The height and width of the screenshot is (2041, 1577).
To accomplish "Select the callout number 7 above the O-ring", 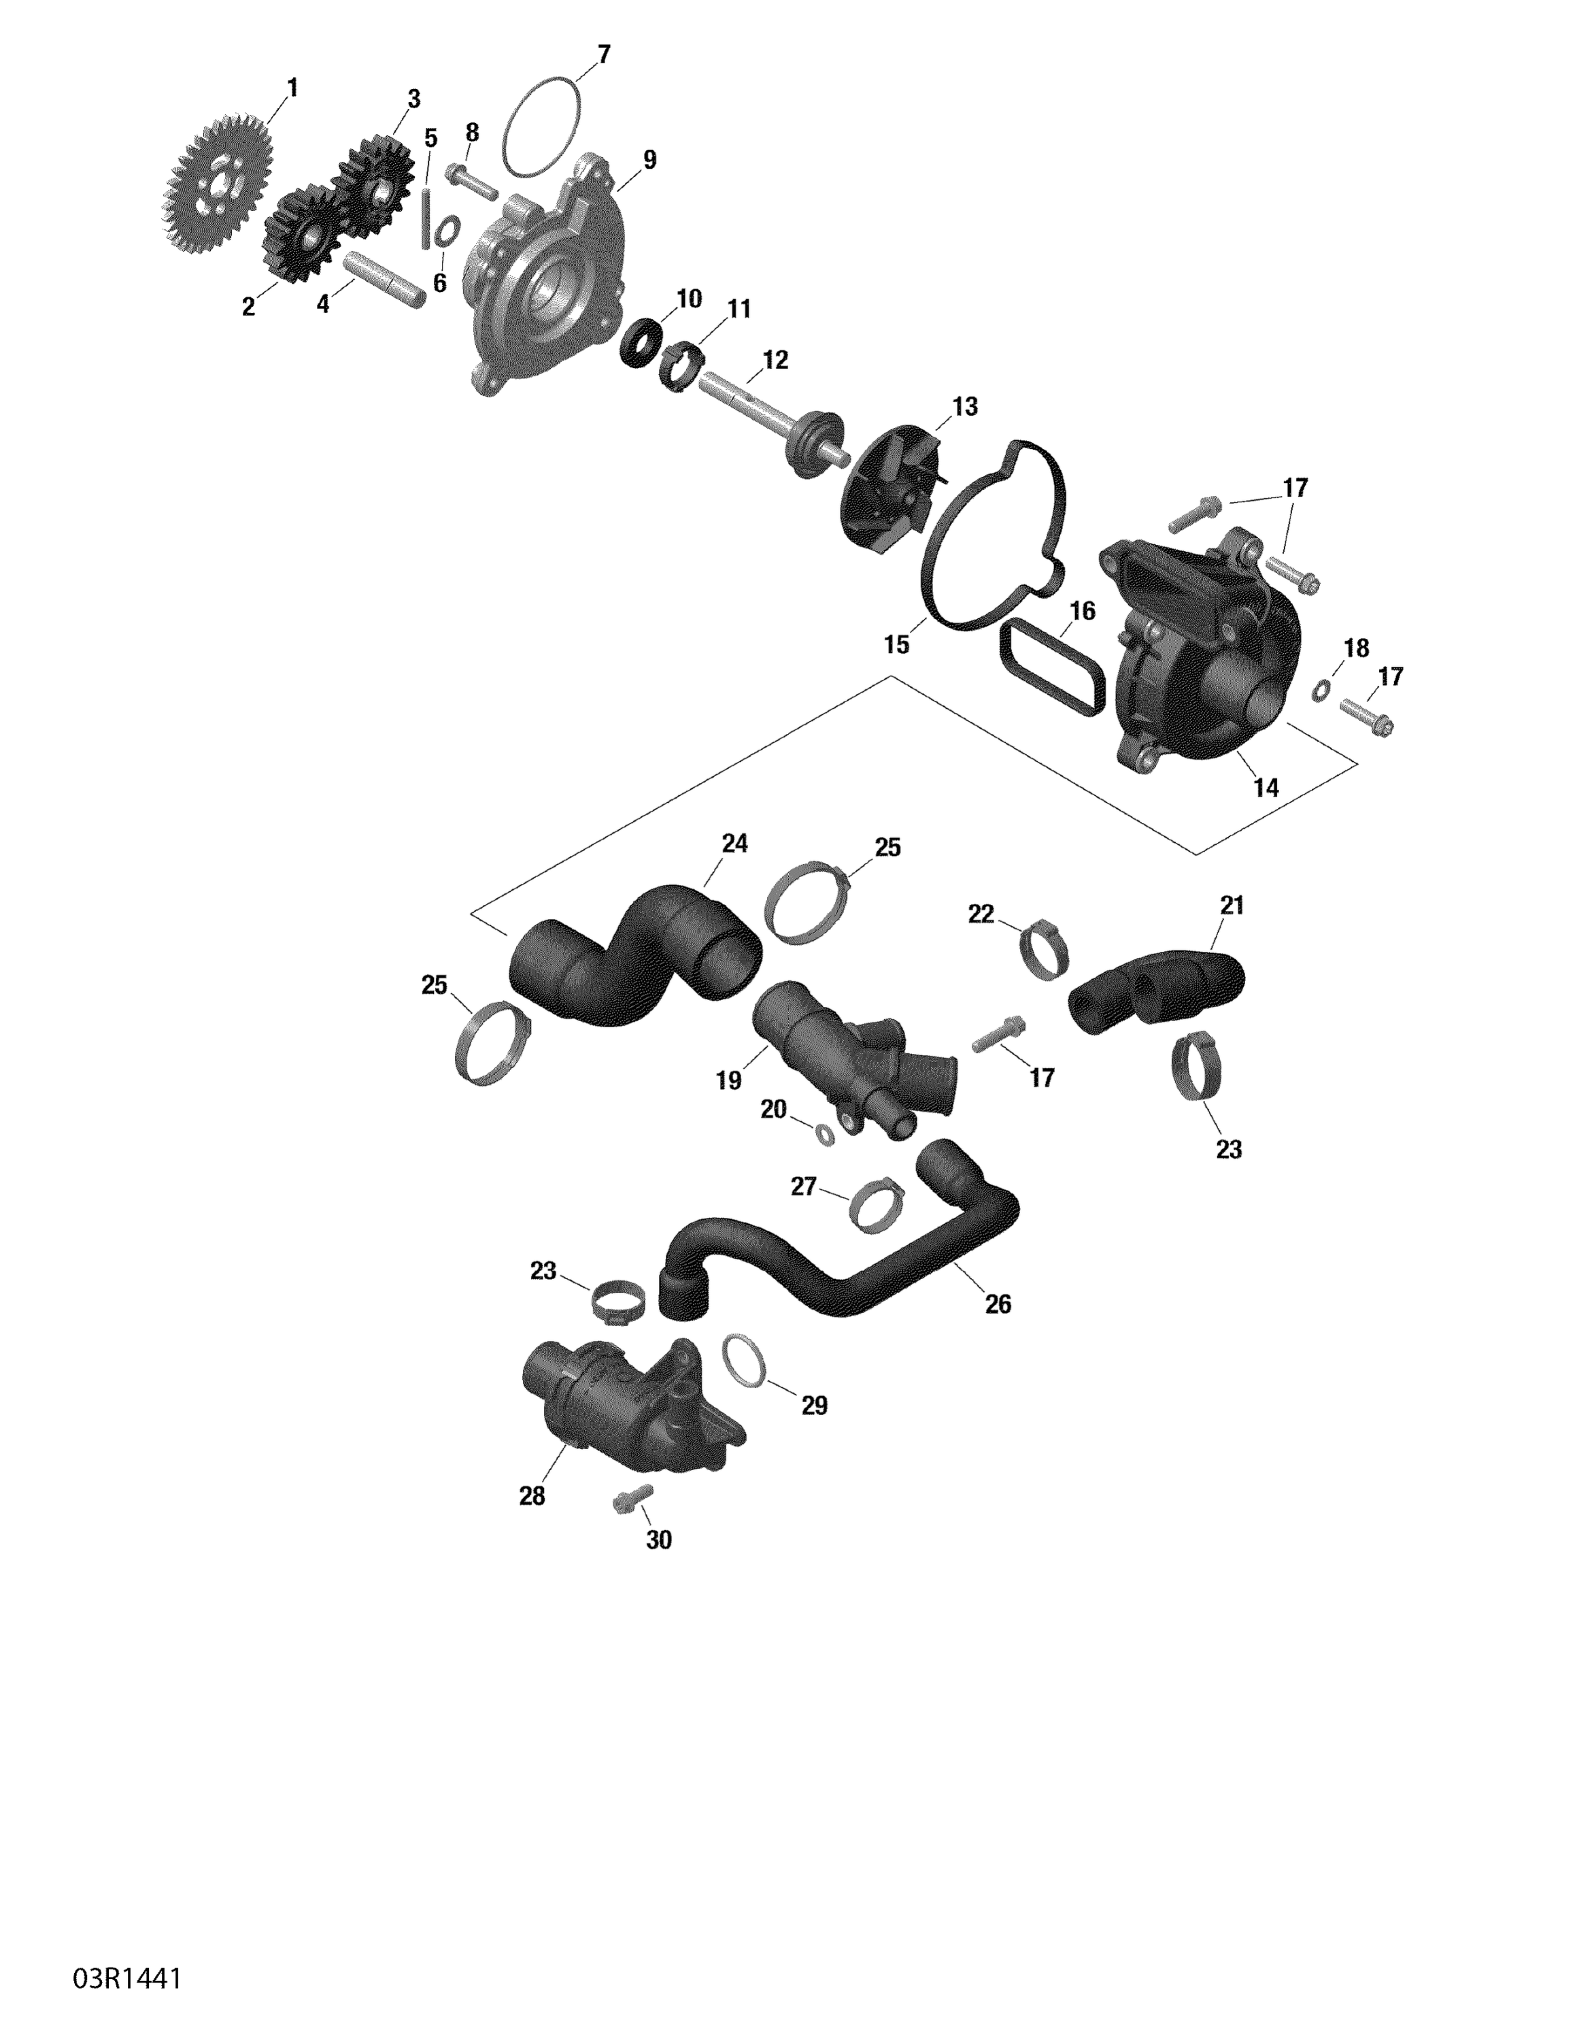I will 603,55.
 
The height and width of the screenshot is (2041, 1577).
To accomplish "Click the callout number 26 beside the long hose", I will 998,1304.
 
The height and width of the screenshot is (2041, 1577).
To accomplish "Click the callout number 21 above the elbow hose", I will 1232,905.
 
